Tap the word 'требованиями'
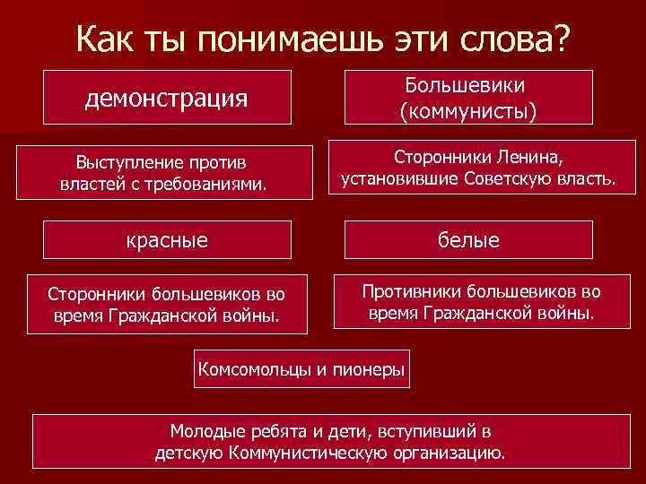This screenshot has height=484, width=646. click(210, 183)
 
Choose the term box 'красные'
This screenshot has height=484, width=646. click(167, 239)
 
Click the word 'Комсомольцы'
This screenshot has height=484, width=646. click(254, 368)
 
